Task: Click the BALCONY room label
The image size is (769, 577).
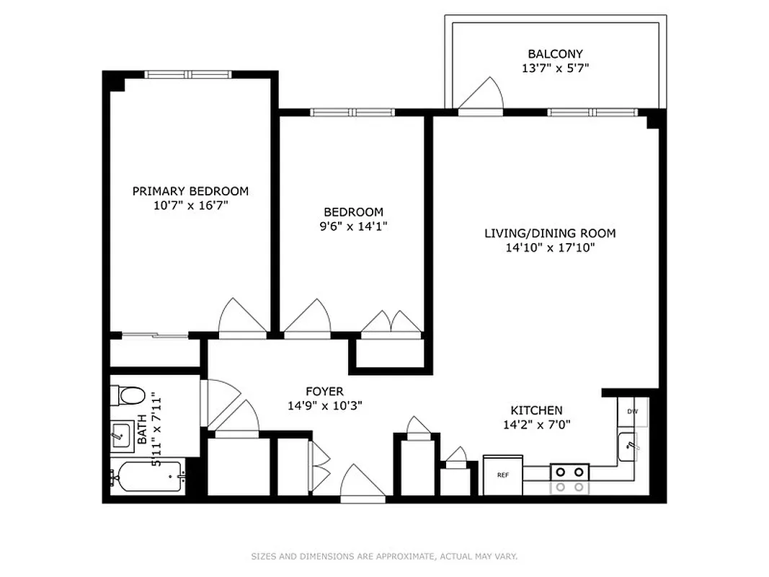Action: (555, 54)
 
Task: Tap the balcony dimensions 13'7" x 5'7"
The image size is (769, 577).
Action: (555, 69)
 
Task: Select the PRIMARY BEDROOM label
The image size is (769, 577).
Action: (190, 191)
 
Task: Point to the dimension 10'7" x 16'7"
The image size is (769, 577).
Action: (190, 206)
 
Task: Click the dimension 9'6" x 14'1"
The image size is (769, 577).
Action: (353, 226)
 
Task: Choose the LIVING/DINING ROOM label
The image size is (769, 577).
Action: (550, 233)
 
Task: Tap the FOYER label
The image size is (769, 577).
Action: (324, 391)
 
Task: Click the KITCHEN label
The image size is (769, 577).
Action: (537, 410)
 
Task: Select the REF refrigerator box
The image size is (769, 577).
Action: (502, 475)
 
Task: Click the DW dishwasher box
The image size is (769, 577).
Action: (632, 411)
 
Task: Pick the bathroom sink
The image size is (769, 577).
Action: (120, 436)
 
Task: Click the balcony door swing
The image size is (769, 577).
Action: (481, 95)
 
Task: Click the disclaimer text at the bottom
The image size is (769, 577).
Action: (384, 556)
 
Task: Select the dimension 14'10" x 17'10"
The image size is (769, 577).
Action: (550, 248)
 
